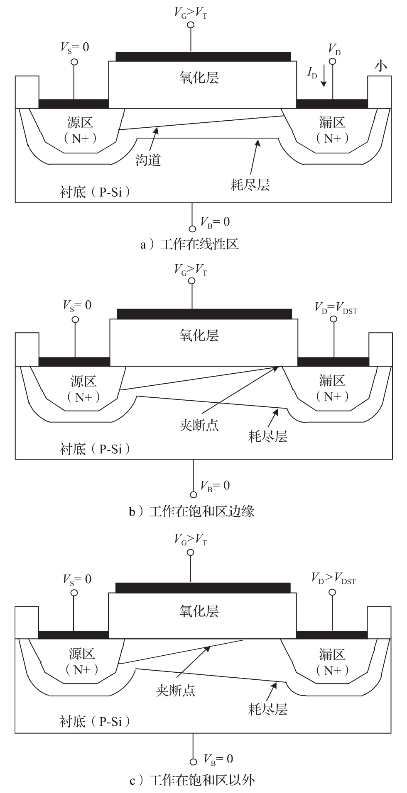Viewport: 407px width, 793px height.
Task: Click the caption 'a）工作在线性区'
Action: [x=189, y=244]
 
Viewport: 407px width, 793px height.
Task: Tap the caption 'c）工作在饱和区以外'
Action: [x=192, y=781]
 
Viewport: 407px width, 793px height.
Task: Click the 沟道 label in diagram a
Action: [x=148, y=160]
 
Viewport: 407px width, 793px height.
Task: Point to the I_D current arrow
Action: [x=324, y=79]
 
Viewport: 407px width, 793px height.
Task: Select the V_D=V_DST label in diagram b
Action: [x=336, y=308]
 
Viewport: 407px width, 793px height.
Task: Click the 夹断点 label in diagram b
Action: [x=199, y=425]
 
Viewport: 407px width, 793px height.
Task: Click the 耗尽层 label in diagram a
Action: [x=250, y=184]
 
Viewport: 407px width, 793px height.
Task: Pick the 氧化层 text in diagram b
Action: [x=199, y=335]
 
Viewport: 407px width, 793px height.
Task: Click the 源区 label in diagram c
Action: [x=82, y=654]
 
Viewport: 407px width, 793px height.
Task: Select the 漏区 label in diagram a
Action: [x=332, y=122]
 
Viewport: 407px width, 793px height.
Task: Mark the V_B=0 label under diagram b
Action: [x=215, y=486]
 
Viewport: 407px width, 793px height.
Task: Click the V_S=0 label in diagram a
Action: [x=75, y=47]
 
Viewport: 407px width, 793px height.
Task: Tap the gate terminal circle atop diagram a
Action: [x=191, y=25]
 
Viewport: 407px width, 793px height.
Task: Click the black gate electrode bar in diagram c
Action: [x=203, y=588]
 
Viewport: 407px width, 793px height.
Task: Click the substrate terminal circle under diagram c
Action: [x=193, y=762]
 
